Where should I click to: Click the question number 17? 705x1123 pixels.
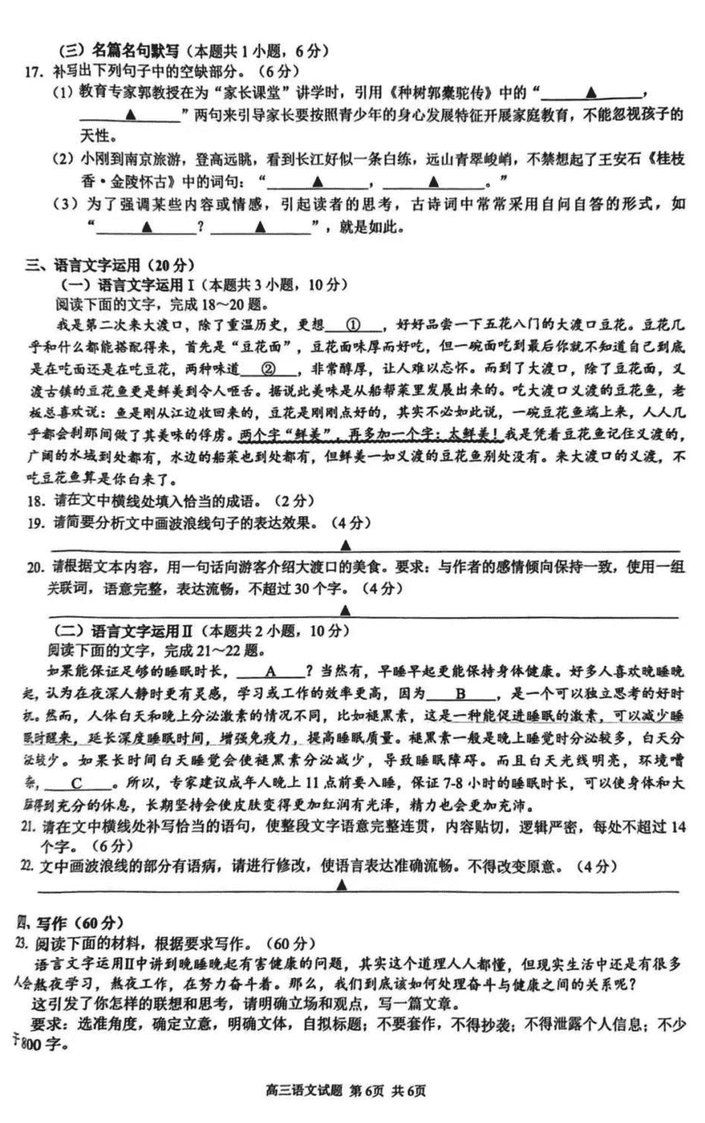pyautogui.click(x=32, y=72)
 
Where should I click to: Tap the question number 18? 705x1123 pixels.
pyautogui.click(x=34, y=501)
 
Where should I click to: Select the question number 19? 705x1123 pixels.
pyautogui.click(x=34, y=522)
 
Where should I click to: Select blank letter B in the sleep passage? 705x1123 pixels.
pyautogui.click(x=461, y=693)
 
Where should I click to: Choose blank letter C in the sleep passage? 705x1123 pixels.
pyautogui.click(x=76, y=783)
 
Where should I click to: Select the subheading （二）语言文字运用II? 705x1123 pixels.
pyautogui.click(x=125, y=630)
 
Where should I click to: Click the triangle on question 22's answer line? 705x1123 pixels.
pyautogui.click(x=342, y=885)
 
